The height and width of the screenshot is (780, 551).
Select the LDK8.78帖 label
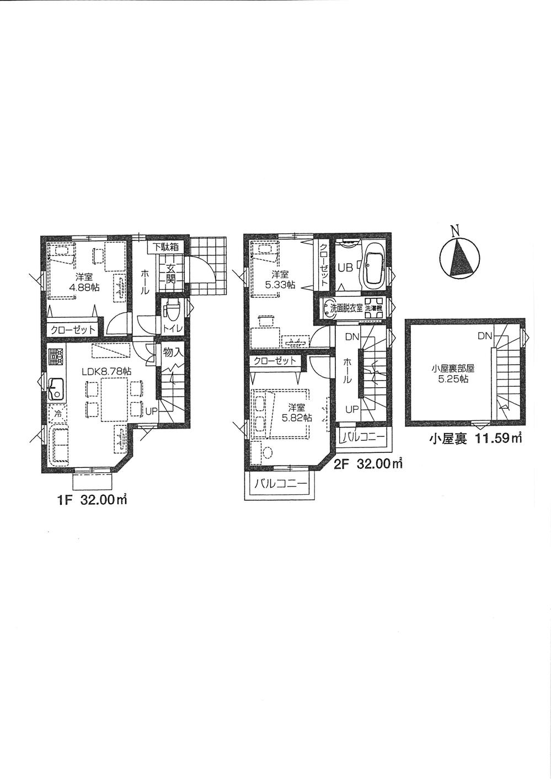(x=106, y=372)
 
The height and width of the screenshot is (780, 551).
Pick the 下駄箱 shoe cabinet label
(x=165, y=247)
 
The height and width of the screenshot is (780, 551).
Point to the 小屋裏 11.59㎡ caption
(x=476, y=440)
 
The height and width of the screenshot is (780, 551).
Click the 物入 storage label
(x=173, y=352)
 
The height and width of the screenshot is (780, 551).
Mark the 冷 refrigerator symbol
(x=56, y=412)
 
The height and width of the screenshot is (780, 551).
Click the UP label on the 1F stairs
(x=151, y=411)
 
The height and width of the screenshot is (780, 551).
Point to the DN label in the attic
(x=485, y=335)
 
